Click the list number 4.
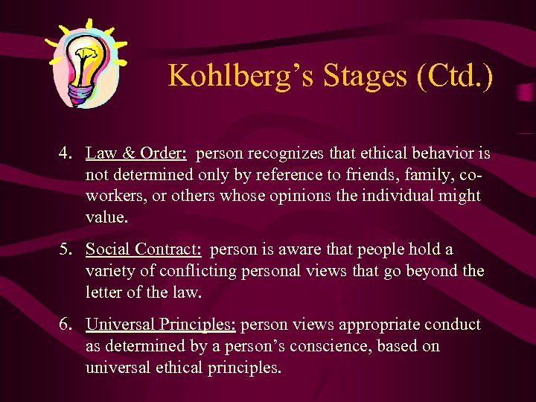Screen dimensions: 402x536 pos(66,154)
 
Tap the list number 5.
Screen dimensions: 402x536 pos(66,249)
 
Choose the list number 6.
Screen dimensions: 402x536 pos(66,325)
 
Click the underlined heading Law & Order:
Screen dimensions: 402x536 pos(136,154)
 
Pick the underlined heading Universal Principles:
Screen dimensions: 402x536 pos(161,325)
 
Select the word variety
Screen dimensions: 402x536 pos(109,271)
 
